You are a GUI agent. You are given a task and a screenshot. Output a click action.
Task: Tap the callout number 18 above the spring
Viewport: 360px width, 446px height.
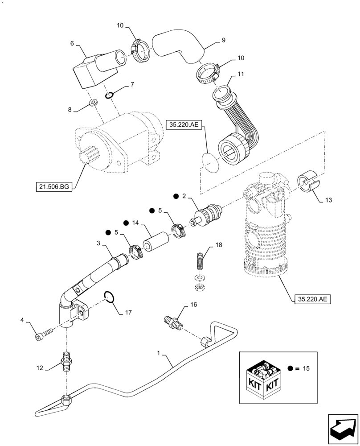coord(219,245)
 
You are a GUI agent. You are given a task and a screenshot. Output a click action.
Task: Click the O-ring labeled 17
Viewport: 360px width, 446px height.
coord(110,296)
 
